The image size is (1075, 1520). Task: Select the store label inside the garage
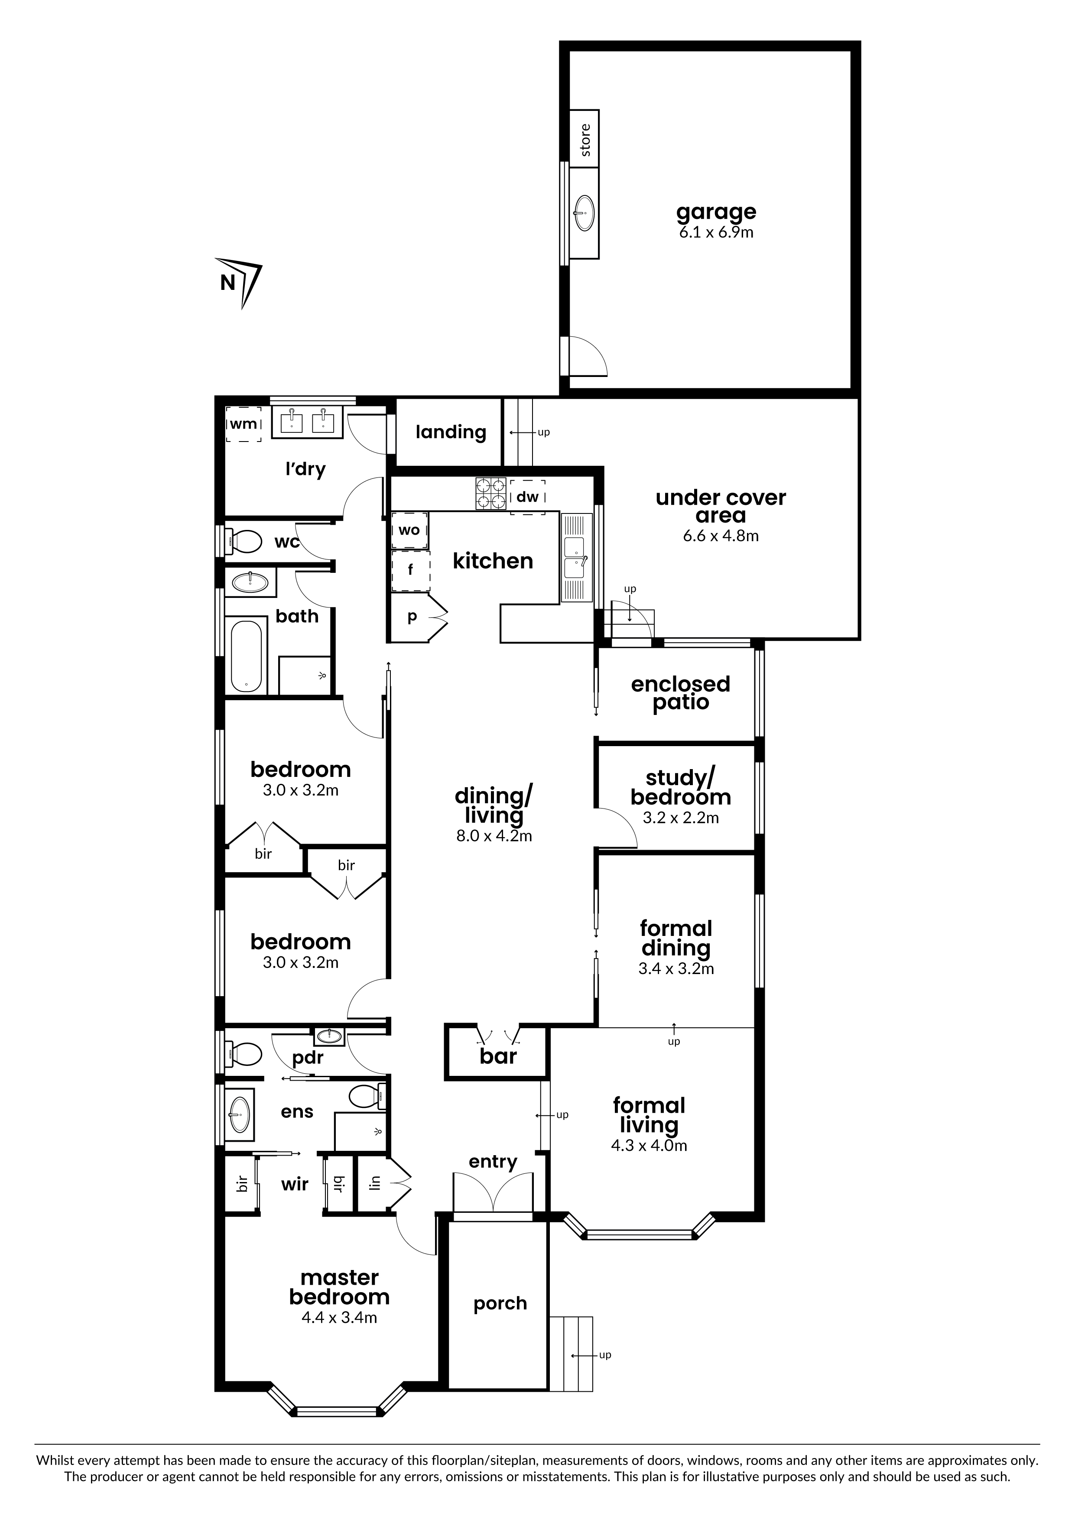point(585,140)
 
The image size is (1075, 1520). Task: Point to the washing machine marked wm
point(244,424)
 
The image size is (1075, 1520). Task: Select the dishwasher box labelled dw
point(528,497)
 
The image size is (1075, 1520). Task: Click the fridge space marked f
point(410,571)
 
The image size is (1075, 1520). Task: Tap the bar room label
point(498,1056)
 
